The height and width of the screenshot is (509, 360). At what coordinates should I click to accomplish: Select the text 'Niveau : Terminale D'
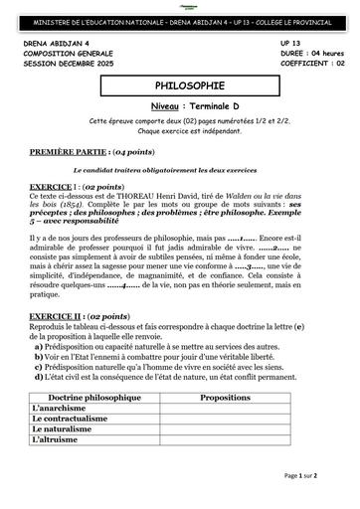point(179,104)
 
